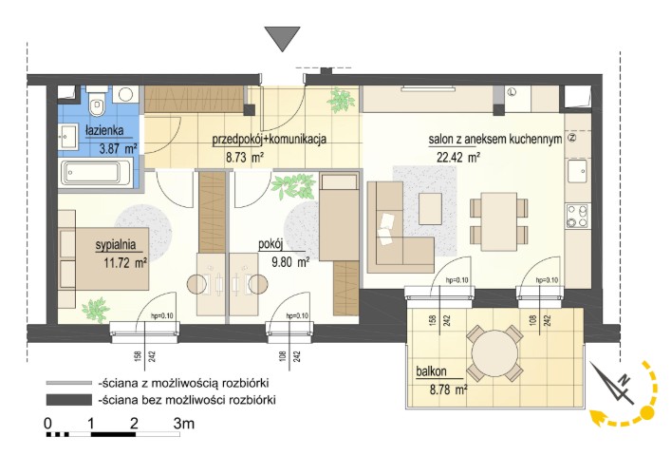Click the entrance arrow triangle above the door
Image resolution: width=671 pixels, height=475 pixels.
(282, 38)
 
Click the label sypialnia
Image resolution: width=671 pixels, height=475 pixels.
(116, 245)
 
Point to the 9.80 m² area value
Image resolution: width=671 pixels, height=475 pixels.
(290, 261)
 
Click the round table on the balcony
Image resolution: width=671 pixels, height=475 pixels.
(494, 353)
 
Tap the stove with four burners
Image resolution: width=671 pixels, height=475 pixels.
(578, 216)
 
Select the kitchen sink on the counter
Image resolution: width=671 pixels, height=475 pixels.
(578, 171)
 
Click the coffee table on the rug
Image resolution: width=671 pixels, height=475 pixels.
(430, 208)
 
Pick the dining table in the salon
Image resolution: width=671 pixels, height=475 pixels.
(498, 221)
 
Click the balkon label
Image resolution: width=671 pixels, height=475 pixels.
(431, 370)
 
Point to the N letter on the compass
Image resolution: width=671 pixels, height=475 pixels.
(625, 379)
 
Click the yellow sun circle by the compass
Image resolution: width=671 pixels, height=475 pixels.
(647, 413)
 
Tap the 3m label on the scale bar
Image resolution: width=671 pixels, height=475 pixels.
(183, 424)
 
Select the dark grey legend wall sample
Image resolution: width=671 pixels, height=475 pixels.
(69, 400)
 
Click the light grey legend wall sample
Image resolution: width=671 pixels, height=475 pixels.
(69, 382)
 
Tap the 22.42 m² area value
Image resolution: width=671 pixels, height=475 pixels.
(457, 157)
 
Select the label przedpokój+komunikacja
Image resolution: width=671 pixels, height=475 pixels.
(270, 139)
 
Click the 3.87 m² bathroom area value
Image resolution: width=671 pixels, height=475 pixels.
(118, 149)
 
